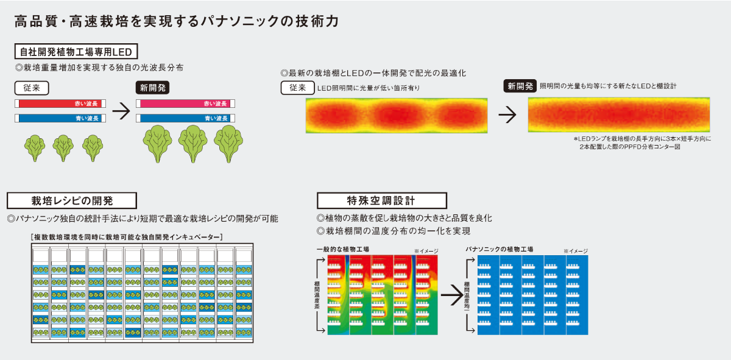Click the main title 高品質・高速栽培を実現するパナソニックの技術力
coord(176,22)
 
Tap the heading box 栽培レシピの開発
coord(72,200)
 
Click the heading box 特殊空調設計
coord(382,200)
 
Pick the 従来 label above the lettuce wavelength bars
coord(32,88)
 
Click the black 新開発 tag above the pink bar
coord(152,88)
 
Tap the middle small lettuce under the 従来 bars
coord(63,148)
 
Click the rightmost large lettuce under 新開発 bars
coord(228,144)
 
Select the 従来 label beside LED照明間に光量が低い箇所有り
coord(297,88)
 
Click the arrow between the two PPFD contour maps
coord(507,115)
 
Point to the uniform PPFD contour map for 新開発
coord(618,115)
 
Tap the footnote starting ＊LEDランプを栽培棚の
coord(640,143)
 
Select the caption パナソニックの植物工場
coord(500,250)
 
